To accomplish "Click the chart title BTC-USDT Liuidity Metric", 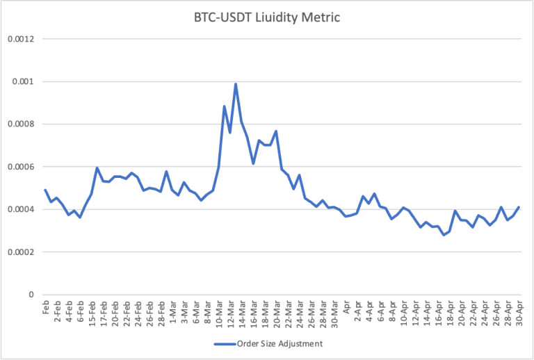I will click(267, 17).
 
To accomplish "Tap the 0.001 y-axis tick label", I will click(23, 81).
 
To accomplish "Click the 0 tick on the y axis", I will click(31, 295).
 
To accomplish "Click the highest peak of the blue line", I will click(236, 84).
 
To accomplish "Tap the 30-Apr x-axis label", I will click(519, 313).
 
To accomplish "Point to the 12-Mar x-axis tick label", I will click(230, 313).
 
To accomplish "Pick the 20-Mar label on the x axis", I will click(276, 313).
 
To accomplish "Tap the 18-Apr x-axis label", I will click(449, 313).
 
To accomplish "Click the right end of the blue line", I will click(519, 207).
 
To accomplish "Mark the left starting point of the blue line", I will click(45, 190).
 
